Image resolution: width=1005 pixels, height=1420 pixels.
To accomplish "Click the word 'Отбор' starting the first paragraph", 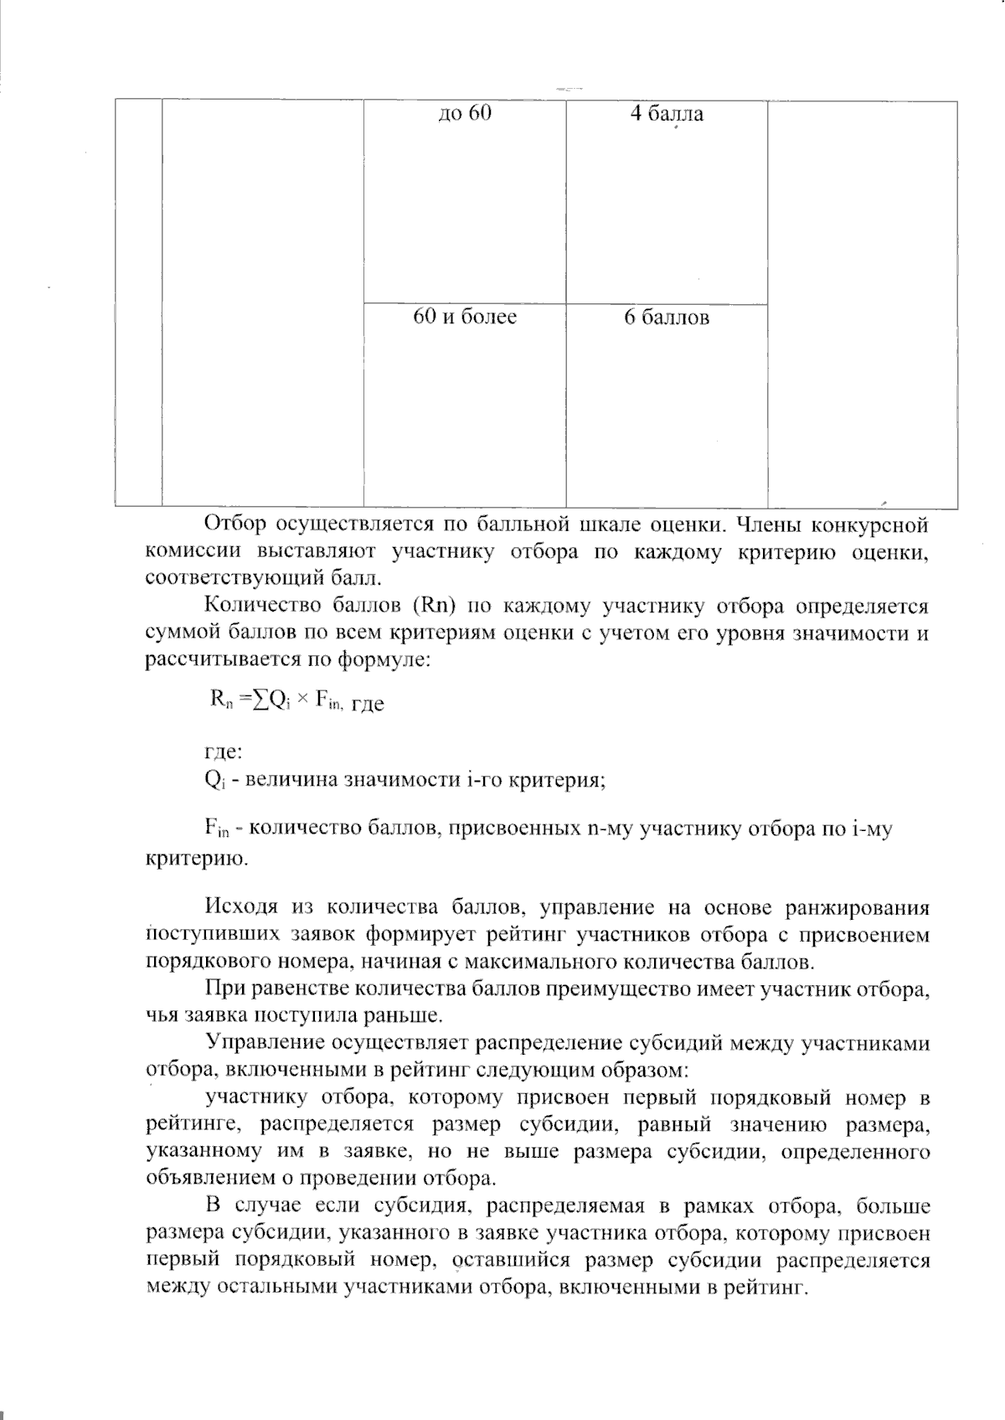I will [x=234, y=525].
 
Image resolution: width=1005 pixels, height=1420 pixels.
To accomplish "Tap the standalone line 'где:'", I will [x=224, y=751].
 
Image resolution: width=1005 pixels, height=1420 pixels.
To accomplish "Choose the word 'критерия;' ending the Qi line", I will [x=560, y=779].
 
